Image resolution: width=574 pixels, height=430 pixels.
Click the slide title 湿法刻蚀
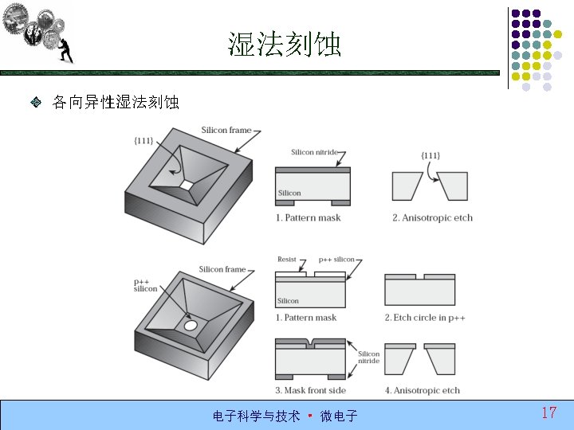[x=285, y=45]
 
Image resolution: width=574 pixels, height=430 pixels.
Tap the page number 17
[x=548, y=412]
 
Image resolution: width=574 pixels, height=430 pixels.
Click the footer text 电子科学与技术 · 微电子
[x=285, y=416]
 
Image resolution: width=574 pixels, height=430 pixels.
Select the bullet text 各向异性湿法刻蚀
[x=116, y=103]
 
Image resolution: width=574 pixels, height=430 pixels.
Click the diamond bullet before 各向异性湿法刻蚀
[x=37, y=103]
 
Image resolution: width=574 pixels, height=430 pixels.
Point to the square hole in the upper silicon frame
[x=186, y=185]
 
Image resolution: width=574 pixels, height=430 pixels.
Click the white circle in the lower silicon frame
[x=191, y=326]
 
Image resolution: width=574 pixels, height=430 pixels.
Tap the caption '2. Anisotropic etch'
[x=432, y=217]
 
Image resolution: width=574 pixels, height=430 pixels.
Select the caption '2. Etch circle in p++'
[x=425, y=318]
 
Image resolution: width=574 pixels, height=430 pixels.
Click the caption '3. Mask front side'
[x=310, y=390]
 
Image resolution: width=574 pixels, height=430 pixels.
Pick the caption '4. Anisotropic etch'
[x=423, y=390]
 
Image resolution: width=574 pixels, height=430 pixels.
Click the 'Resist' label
[x=286, y=260]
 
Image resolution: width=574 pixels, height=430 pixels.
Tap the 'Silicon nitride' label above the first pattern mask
[x=314, y=152]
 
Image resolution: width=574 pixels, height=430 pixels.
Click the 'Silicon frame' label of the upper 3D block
[x=226, y=130]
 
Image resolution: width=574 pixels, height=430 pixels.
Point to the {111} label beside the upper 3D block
[x=143, y=141]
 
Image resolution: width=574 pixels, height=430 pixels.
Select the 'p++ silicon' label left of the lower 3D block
[x=145, y=285]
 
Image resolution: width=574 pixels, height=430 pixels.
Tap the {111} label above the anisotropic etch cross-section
[x=430, y=155]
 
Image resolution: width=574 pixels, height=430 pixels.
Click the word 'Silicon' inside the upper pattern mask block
[x=289, y=193]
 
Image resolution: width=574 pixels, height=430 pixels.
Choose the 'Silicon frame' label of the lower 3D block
[x=222, y=269]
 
